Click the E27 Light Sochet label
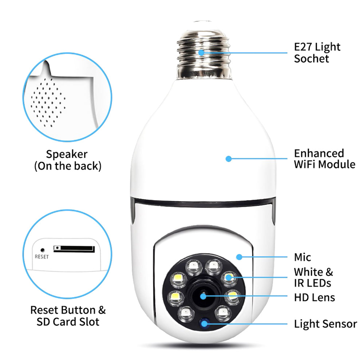317,53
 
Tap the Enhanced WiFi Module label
324,159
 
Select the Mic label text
302,258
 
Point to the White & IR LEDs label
313,277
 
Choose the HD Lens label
314,297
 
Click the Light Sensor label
325,324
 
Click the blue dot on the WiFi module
229,159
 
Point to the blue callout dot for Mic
239,257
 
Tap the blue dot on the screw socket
201,52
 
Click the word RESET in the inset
41,257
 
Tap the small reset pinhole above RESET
42,250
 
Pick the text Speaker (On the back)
67,160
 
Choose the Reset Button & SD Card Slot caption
68,316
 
